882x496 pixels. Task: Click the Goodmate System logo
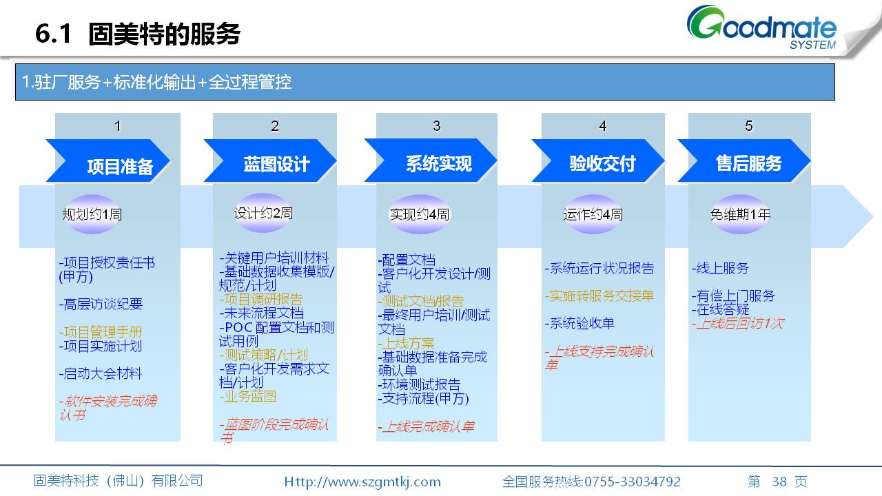coord(761,27)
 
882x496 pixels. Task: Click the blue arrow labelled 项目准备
coord(108,161)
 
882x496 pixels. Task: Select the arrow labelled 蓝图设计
coord(270,161)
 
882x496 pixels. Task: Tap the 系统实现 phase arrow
coord(431,161)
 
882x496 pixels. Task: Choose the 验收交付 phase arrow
coord(597,161)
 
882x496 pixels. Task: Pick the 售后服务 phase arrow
coord(743,161)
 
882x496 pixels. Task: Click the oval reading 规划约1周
coord(92,214)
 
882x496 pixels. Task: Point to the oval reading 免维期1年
coord(740,214)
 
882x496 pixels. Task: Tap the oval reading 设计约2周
coord(263,213)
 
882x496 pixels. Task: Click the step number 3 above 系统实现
coord(436,126)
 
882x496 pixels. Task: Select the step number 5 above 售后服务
coord(749,126)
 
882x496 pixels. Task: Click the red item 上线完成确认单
coord(426,426)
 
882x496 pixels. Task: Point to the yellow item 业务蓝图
coord(247,396)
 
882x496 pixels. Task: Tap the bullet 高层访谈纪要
coord(101,304)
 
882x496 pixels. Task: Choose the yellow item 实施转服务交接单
coord(599,296)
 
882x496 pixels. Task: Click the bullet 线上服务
coord(720,268)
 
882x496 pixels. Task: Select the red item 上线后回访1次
coord(738,324)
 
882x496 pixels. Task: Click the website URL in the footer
coord(362,482)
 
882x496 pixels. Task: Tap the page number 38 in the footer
coord(779,482)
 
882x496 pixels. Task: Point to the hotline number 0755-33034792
coord(633,482)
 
